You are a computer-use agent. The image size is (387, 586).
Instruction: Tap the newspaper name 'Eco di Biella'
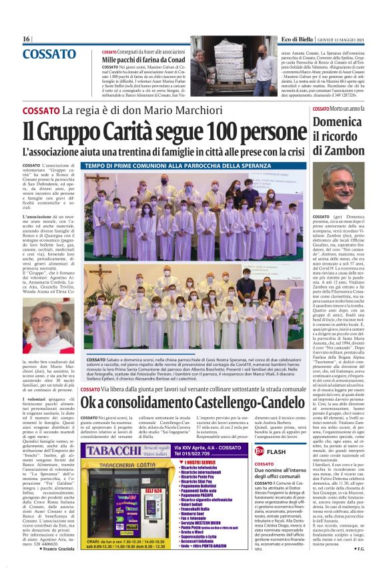tap(292, 39)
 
